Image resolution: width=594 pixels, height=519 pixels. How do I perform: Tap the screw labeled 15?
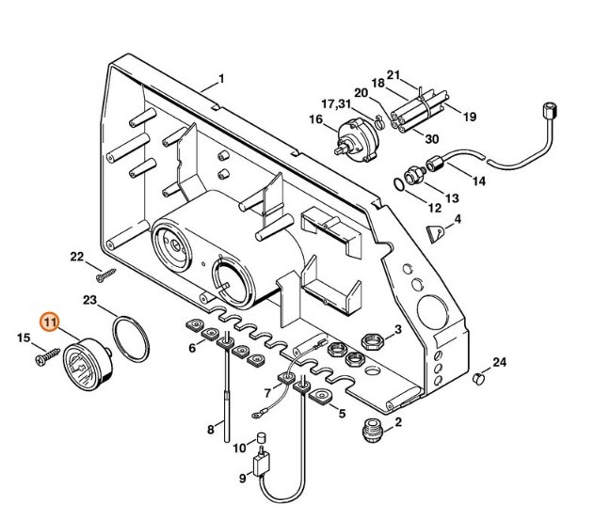pos(41,358)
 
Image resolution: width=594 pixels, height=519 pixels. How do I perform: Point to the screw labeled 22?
pos(107,274)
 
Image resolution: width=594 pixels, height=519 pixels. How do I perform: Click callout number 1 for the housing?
pos(221,77)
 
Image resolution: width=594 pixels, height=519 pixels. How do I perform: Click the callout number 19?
pos(469,118)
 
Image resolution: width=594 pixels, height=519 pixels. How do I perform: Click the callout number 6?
pos(193,348)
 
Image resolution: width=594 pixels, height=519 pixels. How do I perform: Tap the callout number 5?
pos(341,413)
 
